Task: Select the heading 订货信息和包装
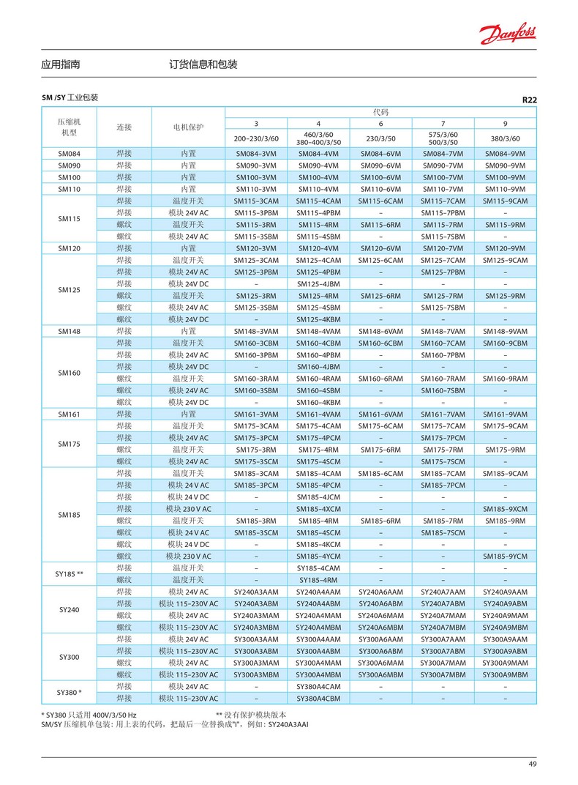click(x=203, y=64)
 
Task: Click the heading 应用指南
click(x=61, y=64)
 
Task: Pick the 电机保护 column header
click(x=188, y=127)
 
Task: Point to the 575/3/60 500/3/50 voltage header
click(x=443, y=138)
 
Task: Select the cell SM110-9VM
click(x=505, y=189)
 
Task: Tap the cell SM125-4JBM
click(x=318, y=284)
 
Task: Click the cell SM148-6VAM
click(x=380, y=331)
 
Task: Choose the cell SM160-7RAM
click(x=443, y=379)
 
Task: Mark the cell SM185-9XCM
click(x=505, y=509)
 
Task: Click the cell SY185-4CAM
click(x=318, y=568)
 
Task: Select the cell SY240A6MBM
click(x=380, y=627)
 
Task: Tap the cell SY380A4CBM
click(x=318, y=698)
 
